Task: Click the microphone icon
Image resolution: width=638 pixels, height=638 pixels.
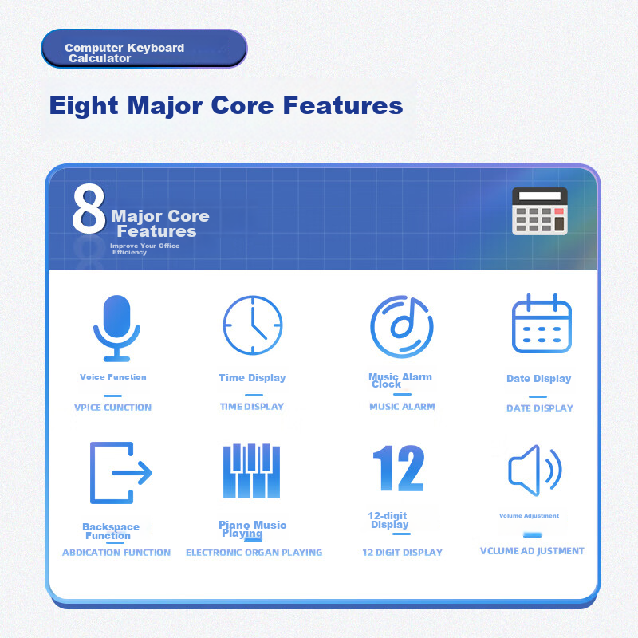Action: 116,328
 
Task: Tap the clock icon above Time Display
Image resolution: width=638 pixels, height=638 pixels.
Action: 252,325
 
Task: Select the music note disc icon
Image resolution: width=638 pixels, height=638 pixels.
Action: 401,326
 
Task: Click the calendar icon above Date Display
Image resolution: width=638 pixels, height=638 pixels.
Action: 542,324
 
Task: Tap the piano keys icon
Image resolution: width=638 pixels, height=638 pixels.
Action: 251,471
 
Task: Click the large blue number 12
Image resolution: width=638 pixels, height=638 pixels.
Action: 398,468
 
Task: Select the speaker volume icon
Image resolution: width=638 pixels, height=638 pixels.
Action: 535,471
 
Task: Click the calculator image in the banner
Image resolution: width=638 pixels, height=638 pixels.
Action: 539,211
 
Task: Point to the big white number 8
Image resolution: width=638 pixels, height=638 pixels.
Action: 89,211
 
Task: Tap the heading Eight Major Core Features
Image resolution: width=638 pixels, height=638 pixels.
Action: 226,105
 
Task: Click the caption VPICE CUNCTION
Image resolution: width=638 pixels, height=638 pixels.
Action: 112,408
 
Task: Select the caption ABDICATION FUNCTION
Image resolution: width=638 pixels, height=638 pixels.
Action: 116,553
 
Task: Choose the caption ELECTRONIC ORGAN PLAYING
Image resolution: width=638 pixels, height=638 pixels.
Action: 254,553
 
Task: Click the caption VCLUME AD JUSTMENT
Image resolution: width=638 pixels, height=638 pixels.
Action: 532,551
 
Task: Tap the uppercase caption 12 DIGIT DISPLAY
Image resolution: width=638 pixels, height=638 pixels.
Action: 402,553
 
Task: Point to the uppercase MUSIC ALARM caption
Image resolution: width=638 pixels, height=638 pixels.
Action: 402,407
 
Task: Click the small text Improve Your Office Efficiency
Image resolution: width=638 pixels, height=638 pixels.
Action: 144,249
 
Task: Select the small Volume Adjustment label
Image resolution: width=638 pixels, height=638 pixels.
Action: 529,516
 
